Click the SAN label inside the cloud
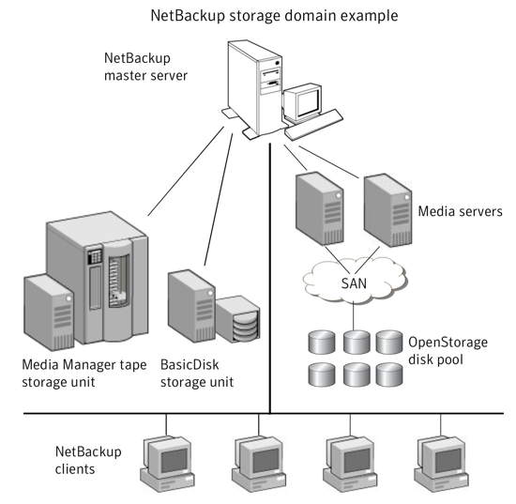coord(354,283)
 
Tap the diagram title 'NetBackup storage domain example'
coord(274,15)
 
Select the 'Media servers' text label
coord(460,211)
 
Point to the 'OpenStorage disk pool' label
coord(448,351)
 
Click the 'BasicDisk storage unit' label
coord(197,374)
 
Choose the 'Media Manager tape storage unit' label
coord(84,374)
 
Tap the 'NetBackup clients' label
coord(88,460)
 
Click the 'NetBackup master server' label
coord(145,67)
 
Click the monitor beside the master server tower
coord(302,102)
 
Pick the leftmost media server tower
coord(320,208)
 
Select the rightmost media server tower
coord(387,210)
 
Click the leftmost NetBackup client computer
coord(167,464)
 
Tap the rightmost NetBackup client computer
coord(441,464)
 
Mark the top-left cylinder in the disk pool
coord(322,343)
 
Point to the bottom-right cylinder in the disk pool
coord(389,374)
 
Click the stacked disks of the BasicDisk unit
coord(246,327)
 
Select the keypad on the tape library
coord(95,256)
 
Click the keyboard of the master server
coord(313,126)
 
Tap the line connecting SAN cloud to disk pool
coord(354,316)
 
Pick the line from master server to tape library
coord(186,171)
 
